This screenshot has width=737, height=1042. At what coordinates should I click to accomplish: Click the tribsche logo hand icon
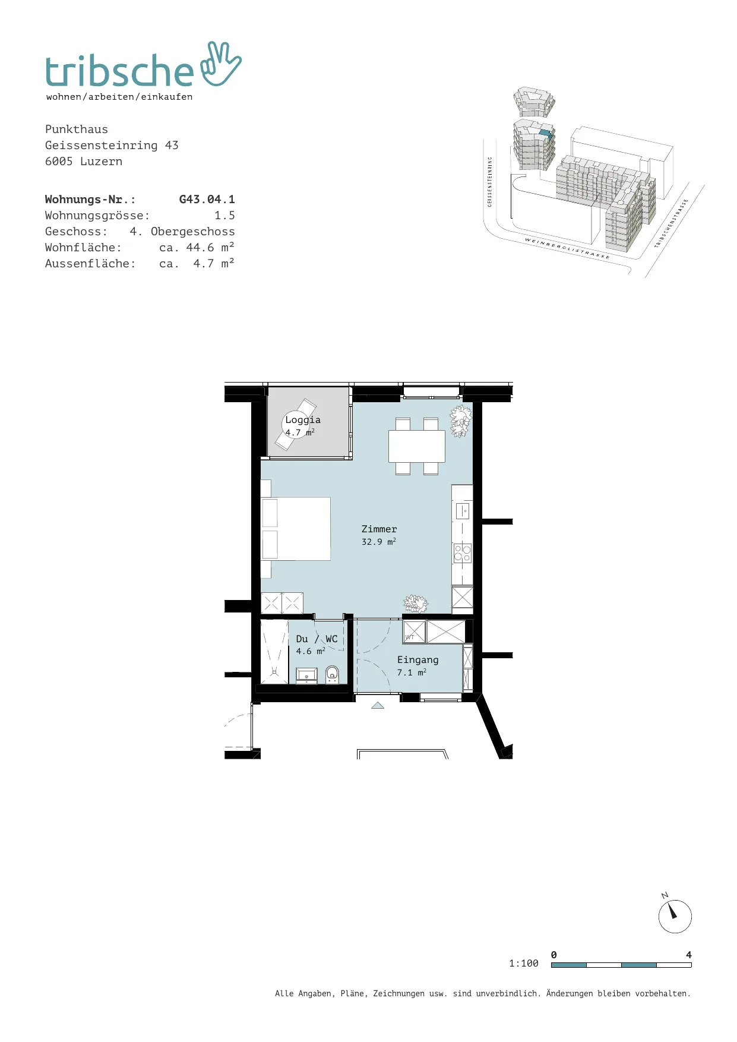221,64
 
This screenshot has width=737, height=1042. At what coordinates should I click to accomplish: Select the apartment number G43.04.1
207,200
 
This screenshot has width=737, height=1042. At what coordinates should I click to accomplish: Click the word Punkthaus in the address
77,130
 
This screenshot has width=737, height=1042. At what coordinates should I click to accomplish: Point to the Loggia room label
303,420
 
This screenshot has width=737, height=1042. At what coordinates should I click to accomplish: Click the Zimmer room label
379,529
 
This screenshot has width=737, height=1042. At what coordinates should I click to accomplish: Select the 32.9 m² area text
379,542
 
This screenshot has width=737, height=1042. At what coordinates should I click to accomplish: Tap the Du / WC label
317,639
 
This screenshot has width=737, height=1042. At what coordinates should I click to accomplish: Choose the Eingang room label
418,660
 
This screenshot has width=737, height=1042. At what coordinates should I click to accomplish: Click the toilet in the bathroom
332,674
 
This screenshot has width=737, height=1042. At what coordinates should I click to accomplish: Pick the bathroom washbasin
306,675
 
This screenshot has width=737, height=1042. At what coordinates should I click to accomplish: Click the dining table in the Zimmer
417,446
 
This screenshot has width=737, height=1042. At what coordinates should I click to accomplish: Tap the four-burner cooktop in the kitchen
463,554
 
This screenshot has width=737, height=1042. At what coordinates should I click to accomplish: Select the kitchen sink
463,511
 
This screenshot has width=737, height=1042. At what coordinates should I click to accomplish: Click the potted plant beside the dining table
461,421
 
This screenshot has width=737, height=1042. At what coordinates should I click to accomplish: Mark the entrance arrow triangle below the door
378,705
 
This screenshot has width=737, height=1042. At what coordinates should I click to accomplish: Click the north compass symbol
675,915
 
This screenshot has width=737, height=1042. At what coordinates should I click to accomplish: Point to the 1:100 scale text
524,964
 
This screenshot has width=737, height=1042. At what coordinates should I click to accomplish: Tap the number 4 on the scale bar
689,955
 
